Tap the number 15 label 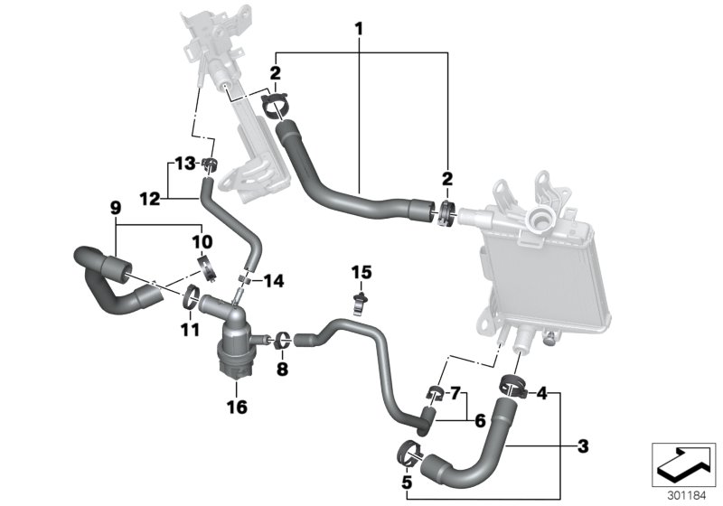point(361,271)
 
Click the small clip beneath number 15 point(361,299)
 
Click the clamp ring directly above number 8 point(282,340)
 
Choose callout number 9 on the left point(115,208)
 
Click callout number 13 point(185,164)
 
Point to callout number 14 point(272,281)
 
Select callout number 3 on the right point(583,445)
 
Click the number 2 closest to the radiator point(446,179)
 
